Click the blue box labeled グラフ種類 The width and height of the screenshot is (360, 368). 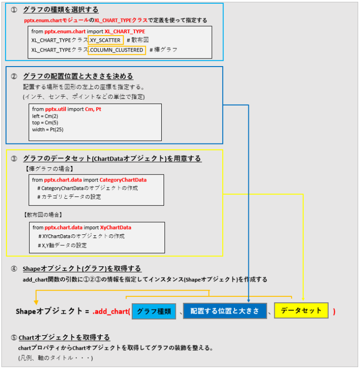tap(154, 311)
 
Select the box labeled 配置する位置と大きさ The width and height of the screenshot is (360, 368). tap(224, 311)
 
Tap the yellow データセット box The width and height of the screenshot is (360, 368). tap(301, 310)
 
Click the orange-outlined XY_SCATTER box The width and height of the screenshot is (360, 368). tap(105, 40)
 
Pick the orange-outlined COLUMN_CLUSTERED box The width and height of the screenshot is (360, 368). tap(117, 50)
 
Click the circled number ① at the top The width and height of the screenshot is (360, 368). tap(14, 10)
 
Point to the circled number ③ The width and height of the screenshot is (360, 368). tap(14, 159)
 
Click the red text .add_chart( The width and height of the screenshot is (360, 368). tap(111, 311)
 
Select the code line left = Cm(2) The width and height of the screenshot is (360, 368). tap(45, 116)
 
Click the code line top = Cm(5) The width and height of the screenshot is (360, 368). tap(45, 122)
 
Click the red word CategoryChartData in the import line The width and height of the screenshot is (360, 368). tap(123, 180)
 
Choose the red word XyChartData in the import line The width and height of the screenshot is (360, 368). tap(116, 227)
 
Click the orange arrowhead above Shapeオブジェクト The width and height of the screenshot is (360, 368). tap(36, 301)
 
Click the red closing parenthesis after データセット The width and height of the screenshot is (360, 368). tap(334, 311)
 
